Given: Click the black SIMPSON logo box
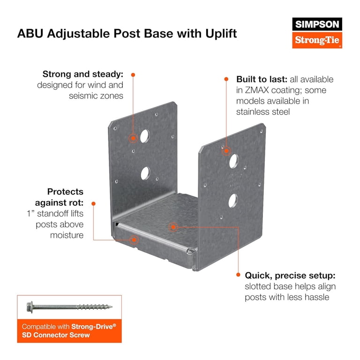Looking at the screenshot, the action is coord(317,24).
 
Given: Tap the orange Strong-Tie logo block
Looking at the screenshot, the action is coord(317,40).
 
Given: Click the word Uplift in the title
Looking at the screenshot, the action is coord(221,34).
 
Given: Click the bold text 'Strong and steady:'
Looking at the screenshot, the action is coord(83,75).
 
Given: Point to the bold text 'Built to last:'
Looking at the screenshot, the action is coord(262,79).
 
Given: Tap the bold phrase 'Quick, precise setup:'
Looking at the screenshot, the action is coord(290,276).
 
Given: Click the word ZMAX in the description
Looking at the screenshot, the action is coord(257,90).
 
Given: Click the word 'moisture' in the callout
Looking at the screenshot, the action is coord(67,235).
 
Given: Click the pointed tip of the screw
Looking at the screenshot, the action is coord(112,307).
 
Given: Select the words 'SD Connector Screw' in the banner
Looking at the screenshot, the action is coord(56,335).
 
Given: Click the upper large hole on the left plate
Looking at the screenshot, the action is coord(145,136).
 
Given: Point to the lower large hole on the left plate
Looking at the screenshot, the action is coord(145,173).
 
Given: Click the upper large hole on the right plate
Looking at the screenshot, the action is coord(233,161).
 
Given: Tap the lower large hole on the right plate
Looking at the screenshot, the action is coord(233,201).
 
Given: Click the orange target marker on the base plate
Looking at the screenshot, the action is coord(173,227).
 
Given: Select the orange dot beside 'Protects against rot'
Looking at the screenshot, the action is coord(93,203).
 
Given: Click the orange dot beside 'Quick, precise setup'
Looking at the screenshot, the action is coord(238,275).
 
